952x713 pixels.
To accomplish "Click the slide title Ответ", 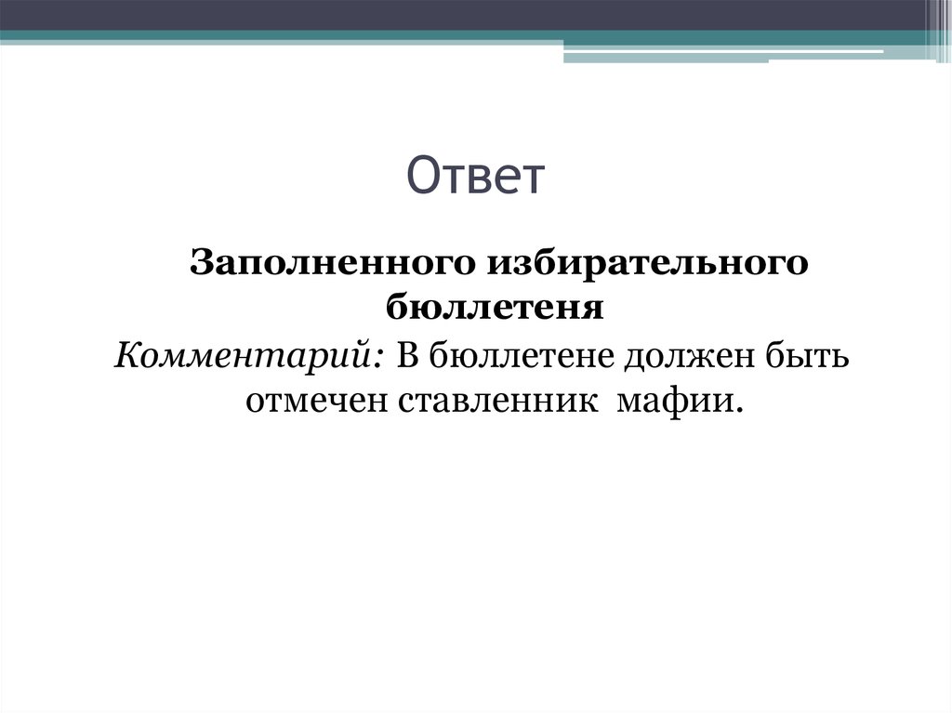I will tap(475, 176).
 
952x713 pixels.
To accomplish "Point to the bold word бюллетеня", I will tap(495, 307).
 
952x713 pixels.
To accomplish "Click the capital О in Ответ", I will tap(424, 177).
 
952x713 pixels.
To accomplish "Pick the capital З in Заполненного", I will tap(202, 263).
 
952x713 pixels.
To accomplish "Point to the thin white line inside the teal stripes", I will tap(725, 51).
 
